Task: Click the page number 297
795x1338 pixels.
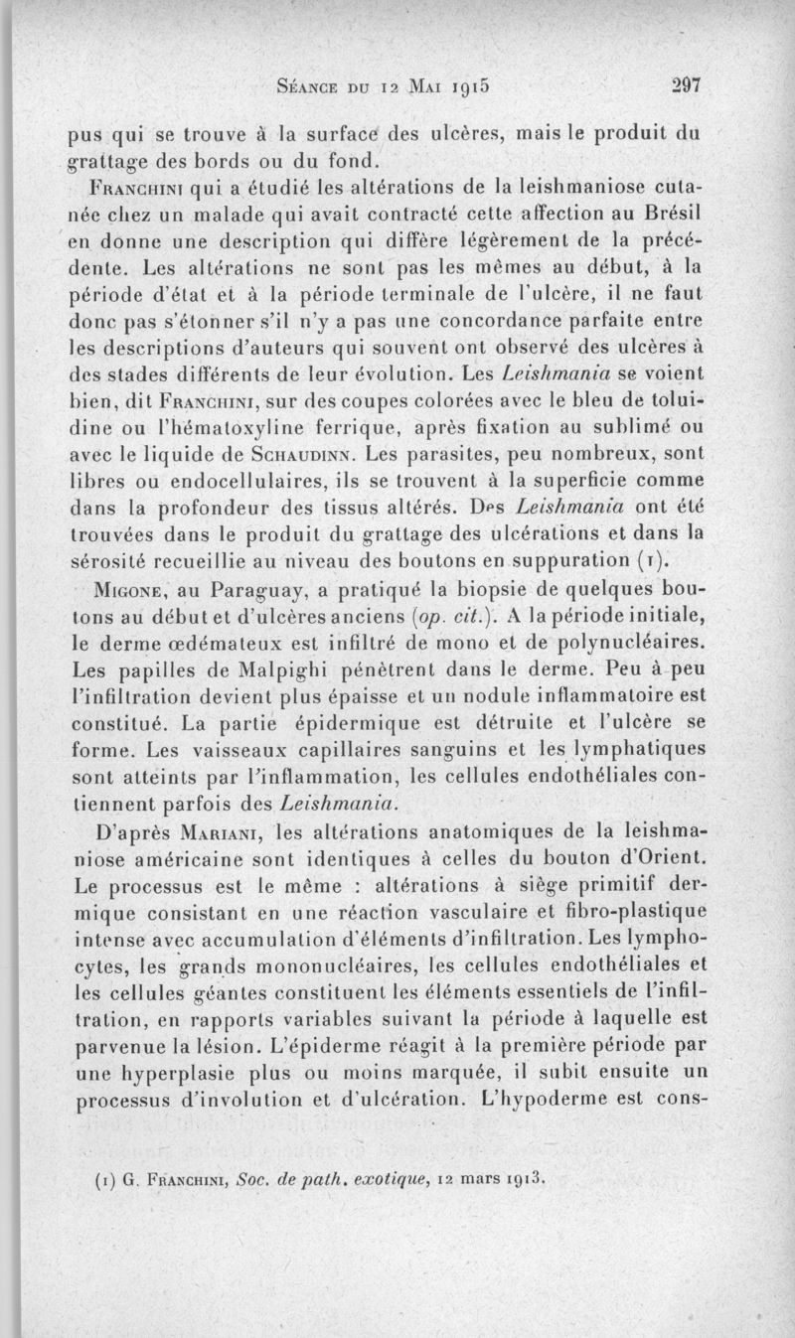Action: point(685,85)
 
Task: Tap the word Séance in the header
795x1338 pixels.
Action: point(306,86)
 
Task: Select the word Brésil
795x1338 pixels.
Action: point(670,216)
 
